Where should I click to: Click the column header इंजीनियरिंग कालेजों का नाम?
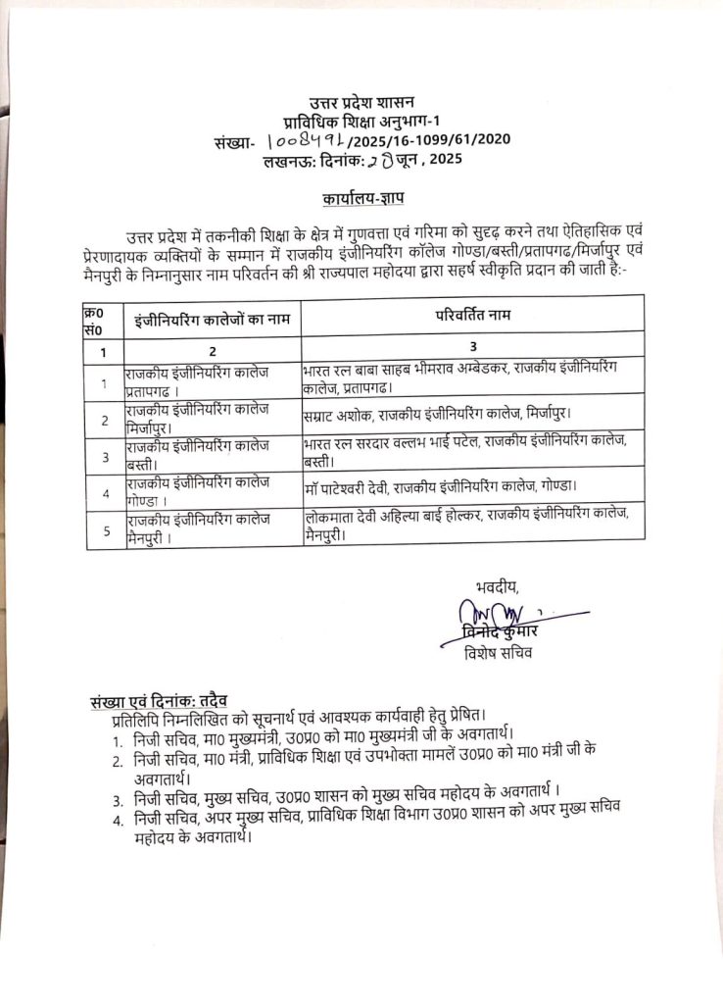pos(213,319)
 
